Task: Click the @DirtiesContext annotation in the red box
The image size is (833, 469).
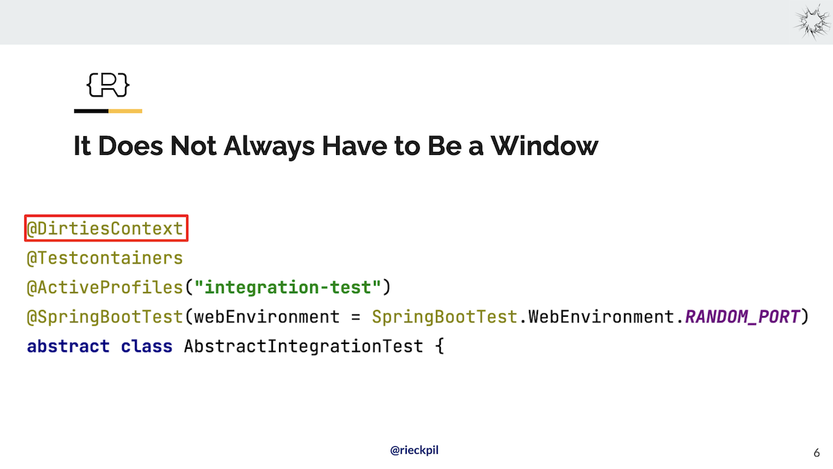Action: click(106, 229)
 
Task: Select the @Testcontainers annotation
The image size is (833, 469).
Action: click(105, 258)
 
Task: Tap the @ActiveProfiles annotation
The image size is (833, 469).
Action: click(105, 288)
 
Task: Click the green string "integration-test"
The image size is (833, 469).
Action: click(288, 287)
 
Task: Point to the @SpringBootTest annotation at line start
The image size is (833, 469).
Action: click(105, 317)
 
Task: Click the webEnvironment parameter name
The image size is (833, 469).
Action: click(267, 317)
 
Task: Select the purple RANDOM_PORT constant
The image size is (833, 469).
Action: click(742, 317)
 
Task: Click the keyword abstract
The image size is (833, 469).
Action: click(68, 346)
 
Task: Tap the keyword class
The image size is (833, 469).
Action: click(146, 346)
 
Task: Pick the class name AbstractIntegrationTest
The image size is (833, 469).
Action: click(303, 346)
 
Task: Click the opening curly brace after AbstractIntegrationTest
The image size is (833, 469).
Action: click(439, 346)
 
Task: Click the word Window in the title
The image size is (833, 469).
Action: click(544, 145)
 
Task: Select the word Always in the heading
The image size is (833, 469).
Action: click(269, 147)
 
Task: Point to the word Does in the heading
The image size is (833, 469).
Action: click(131, 145)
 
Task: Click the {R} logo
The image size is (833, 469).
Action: click(108, 85)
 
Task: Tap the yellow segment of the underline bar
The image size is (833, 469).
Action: click(126, 111)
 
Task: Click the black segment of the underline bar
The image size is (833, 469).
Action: click(91, 111)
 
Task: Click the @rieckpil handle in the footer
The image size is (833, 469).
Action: click(414, 450)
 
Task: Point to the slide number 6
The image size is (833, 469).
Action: click(816, 452)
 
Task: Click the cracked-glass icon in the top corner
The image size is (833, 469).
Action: click(812, 22)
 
